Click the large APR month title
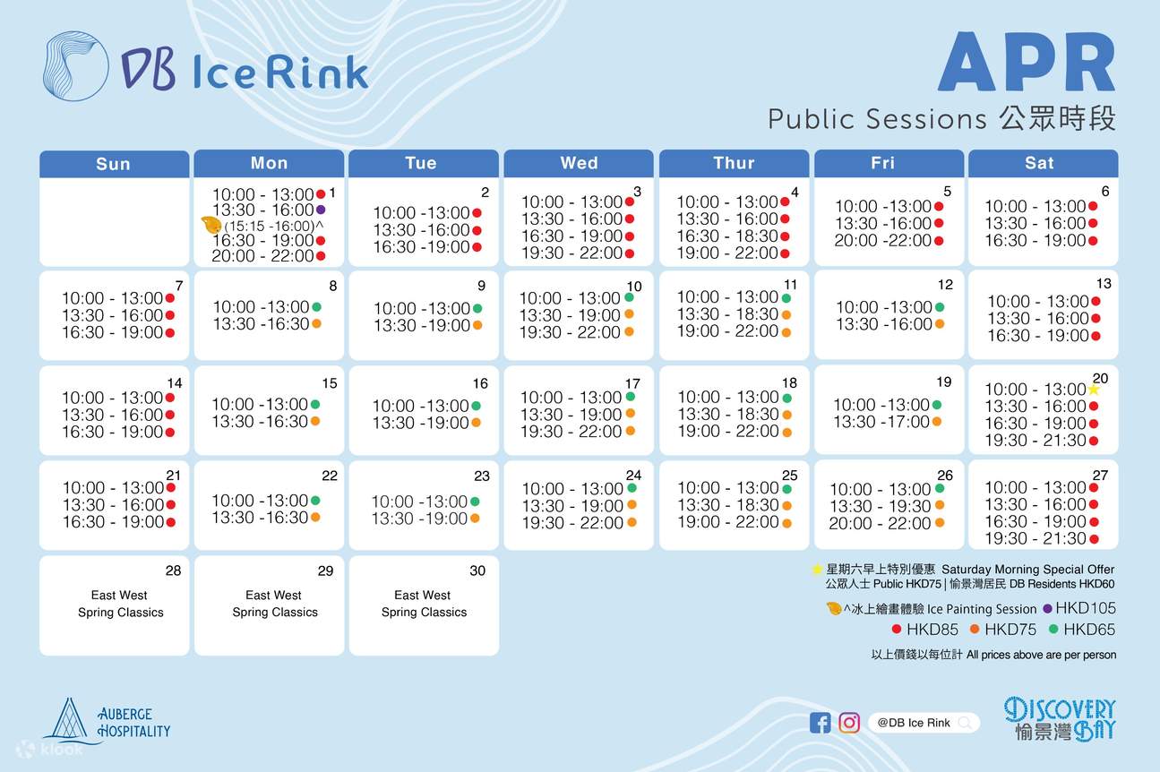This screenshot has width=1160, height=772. (1027, 63)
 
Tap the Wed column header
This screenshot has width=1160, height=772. (579, 163)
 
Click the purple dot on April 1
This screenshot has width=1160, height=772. (321, 210)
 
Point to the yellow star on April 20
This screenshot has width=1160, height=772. (1093, 389)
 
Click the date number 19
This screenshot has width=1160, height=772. (944, 382)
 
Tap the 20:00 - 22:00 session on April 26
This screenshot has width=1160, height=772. (880, 523)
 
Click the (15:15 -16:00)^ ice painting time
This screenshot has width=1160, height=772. (273, 226)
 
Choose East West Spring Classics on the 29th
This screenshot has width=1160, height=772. (274, 604)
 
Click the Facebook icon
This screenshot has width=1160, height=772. (820, 723)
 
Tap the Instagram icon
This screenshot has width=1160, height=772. (849, 723)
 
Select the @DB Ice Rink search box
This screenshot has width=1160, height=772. (924, 723)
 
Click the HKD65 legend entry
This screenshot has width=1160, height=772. (1082, 630)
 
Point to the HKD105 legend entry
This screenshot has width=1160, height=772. (1079, 608)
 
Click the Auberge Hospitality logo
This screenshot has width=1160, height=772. (107, 721)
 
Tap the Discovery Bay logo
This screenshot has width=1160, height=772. (1060, 718)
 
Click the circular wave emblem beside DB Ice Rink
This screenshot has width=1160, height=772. (75, 65)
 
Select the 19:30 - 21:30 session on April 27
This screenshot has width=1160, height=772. (1035, 538)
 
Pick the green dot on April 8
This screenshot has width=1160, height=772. (316, 306)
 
